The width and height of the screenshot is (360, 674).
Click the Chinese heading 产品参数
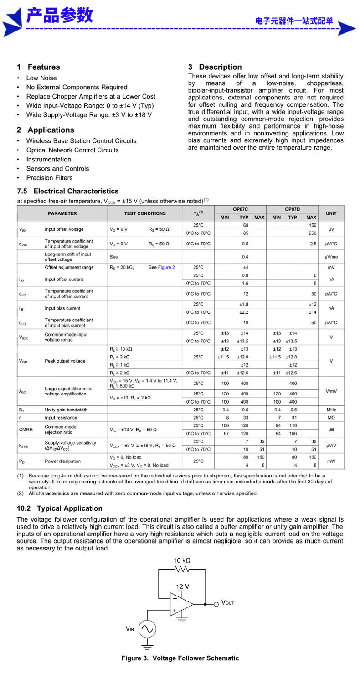click(x=59, y=16)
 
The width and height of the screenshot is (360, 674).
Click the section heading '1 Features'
click(x=38, y=67)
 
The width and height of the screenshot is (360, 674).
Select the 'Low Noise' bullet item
click(x=41, y=78)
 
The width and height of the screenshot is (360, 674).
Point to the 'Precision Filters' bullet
click(x=49, y=178)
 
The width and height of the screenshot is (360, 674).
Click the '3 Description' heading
click(x=215, y=67)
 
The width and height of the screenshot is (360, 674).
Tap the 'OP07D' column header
click(x=292, y=209)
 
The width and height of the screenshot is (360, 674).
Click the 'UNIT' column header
click(x=331, y=213)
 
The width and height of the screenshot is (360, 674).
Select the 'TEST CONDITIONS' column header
click(x=145, y=213)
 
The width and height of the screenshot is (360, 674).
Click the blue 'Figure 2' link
click(x=166, y=267)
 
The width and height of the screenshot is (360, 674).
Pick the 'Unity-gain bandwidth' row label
click(x=66, y=410)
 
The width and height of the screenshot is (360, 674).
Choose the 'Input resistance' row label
click(x=61, y=418)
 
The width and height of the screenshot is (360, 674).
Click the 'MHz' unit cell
click(x=331, y=410)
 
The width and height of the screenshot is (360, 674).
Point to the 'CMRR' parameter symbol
click(x=26, y=429)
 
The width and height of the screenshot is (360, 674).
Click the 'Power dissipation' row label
click(x=63, y=461)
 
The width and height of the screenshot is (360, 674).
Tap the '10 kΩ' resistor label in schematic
click(x=182, y=560)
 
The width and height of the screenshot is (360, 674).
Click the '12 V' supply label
click(x=183, y=586)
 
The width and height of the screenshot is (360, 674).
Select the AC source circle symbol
click(x=147, y=629)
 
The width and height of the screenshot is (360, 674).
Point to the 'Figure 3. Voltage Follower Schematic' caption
click(x=180, y=658)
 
